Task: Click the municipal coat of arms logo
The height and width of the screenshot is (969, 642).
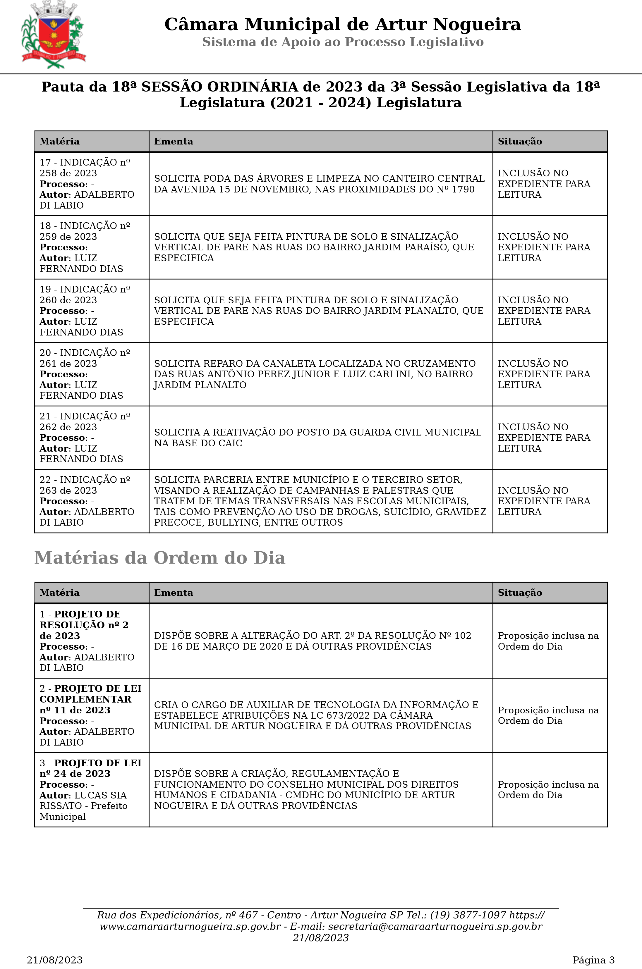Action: (53, 35)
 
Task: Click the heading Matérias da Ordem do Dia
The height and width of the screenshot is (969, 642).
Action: (160, 558)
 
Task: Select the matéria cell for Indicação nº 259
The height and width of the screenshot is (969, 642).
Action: (91, 247)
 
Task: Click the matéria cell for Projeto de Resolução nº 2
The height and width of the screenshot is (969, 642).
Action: (91, 641)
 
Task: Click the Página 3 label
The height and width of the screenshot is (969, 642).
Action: (593, 960)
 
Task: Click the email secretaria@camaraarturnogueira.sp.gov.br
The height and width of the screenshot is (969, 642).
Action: (435, 926)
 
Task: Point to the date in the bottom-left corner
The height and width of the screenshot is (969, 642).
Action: (54, 960)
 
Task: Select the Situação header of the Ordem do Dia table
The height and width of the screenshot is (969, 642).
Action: (520, 593)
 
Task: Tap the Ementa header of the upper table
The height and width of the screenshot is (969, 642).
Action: (174, 141)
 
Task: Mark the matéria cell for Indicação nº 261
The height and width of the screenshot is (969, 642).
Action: (91, 374)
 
